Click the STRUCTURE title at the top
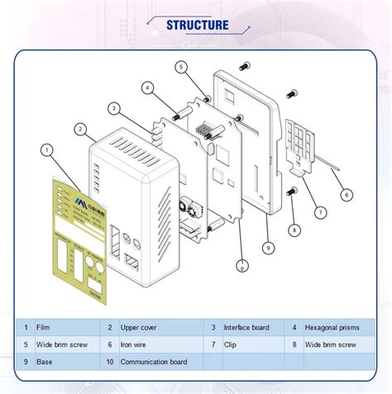[x=197, y=24]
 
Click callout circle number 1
[x=46, y=150]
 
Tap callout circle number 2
[x=80, y=130]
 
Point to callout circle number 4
[x=146, y=88]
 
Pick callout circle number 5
[x=181, y=66]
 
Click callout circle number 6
[x=347, y=195]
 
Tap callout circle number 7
[x=319, y=211]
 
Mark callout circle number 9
[x=269, y=247]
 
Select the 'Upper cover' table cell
[x=140, y=328]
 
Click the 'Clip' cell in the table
[x=232, y=344]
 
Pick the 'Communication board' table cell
[x=154, y=362]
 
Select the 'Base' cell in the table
[x=45, y=362]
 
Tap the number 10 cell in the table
[x=108, y=362]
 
